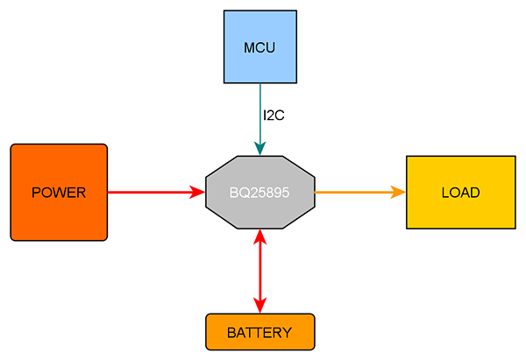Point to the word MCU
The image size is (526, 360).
(259, 47)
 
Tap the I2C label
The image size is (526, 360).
(274, 115)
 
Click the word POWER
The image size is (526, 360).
(58, 193)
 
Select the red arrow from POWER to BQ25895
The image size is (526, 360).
(149, 192)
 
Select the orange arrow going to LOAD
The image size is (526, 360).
(351, 192)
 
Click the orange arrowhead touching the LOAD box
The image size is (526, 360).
(398, 192)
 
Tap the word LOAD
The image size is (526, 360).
(460, 193)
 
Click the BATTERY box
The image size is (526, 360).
(219, 332)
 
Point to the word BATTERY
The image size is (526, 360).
(259, 333)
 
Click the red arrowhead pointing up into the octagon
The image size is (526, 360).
(259, 236)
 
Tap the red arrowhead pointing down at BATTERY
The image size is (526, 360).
(259, 305)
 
